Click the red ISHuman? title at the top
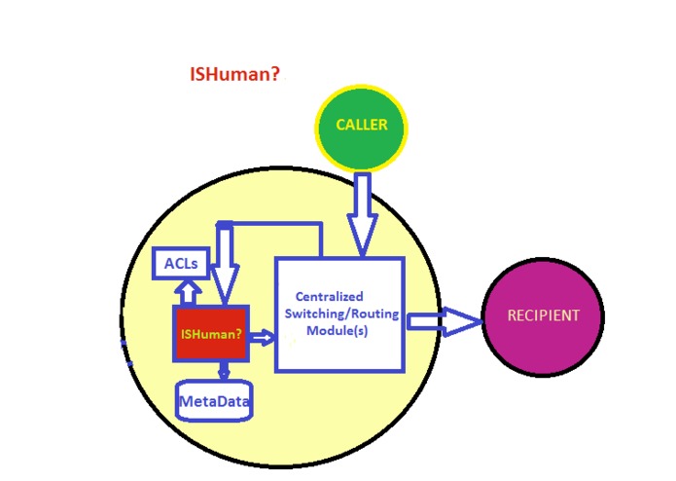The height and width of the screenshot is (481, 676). (234, 74)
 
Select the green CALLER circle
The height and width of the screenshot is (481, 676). (361, 128)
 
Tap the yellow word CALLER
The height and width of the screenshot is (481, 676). (361, 125)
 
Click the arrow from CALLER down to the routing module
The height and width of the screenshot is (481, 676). (362, 214)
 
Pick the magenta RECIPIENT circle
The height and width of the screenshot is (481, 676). (542, 315)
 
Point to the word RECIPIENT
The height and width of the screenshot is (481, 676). (543, 315)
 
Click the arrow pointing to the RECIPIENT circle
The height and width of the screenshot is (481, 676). (445, 320)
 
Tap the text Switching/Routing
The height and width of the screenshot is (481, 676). (336, 314)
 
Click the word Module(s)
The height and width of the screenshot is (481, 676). (340, 331)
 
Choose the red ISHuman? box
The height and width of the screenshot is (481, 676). (210, 334)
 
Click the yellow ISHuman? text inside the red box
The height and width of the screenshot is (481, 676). (210, 334)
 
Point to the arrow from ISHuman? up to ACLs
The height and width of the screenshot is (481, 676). (188, 291)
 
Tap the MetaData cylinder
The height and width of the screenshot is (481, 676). (214, 400)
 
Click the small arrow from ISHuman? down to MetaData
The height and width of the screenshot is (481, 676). (223, 371)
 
